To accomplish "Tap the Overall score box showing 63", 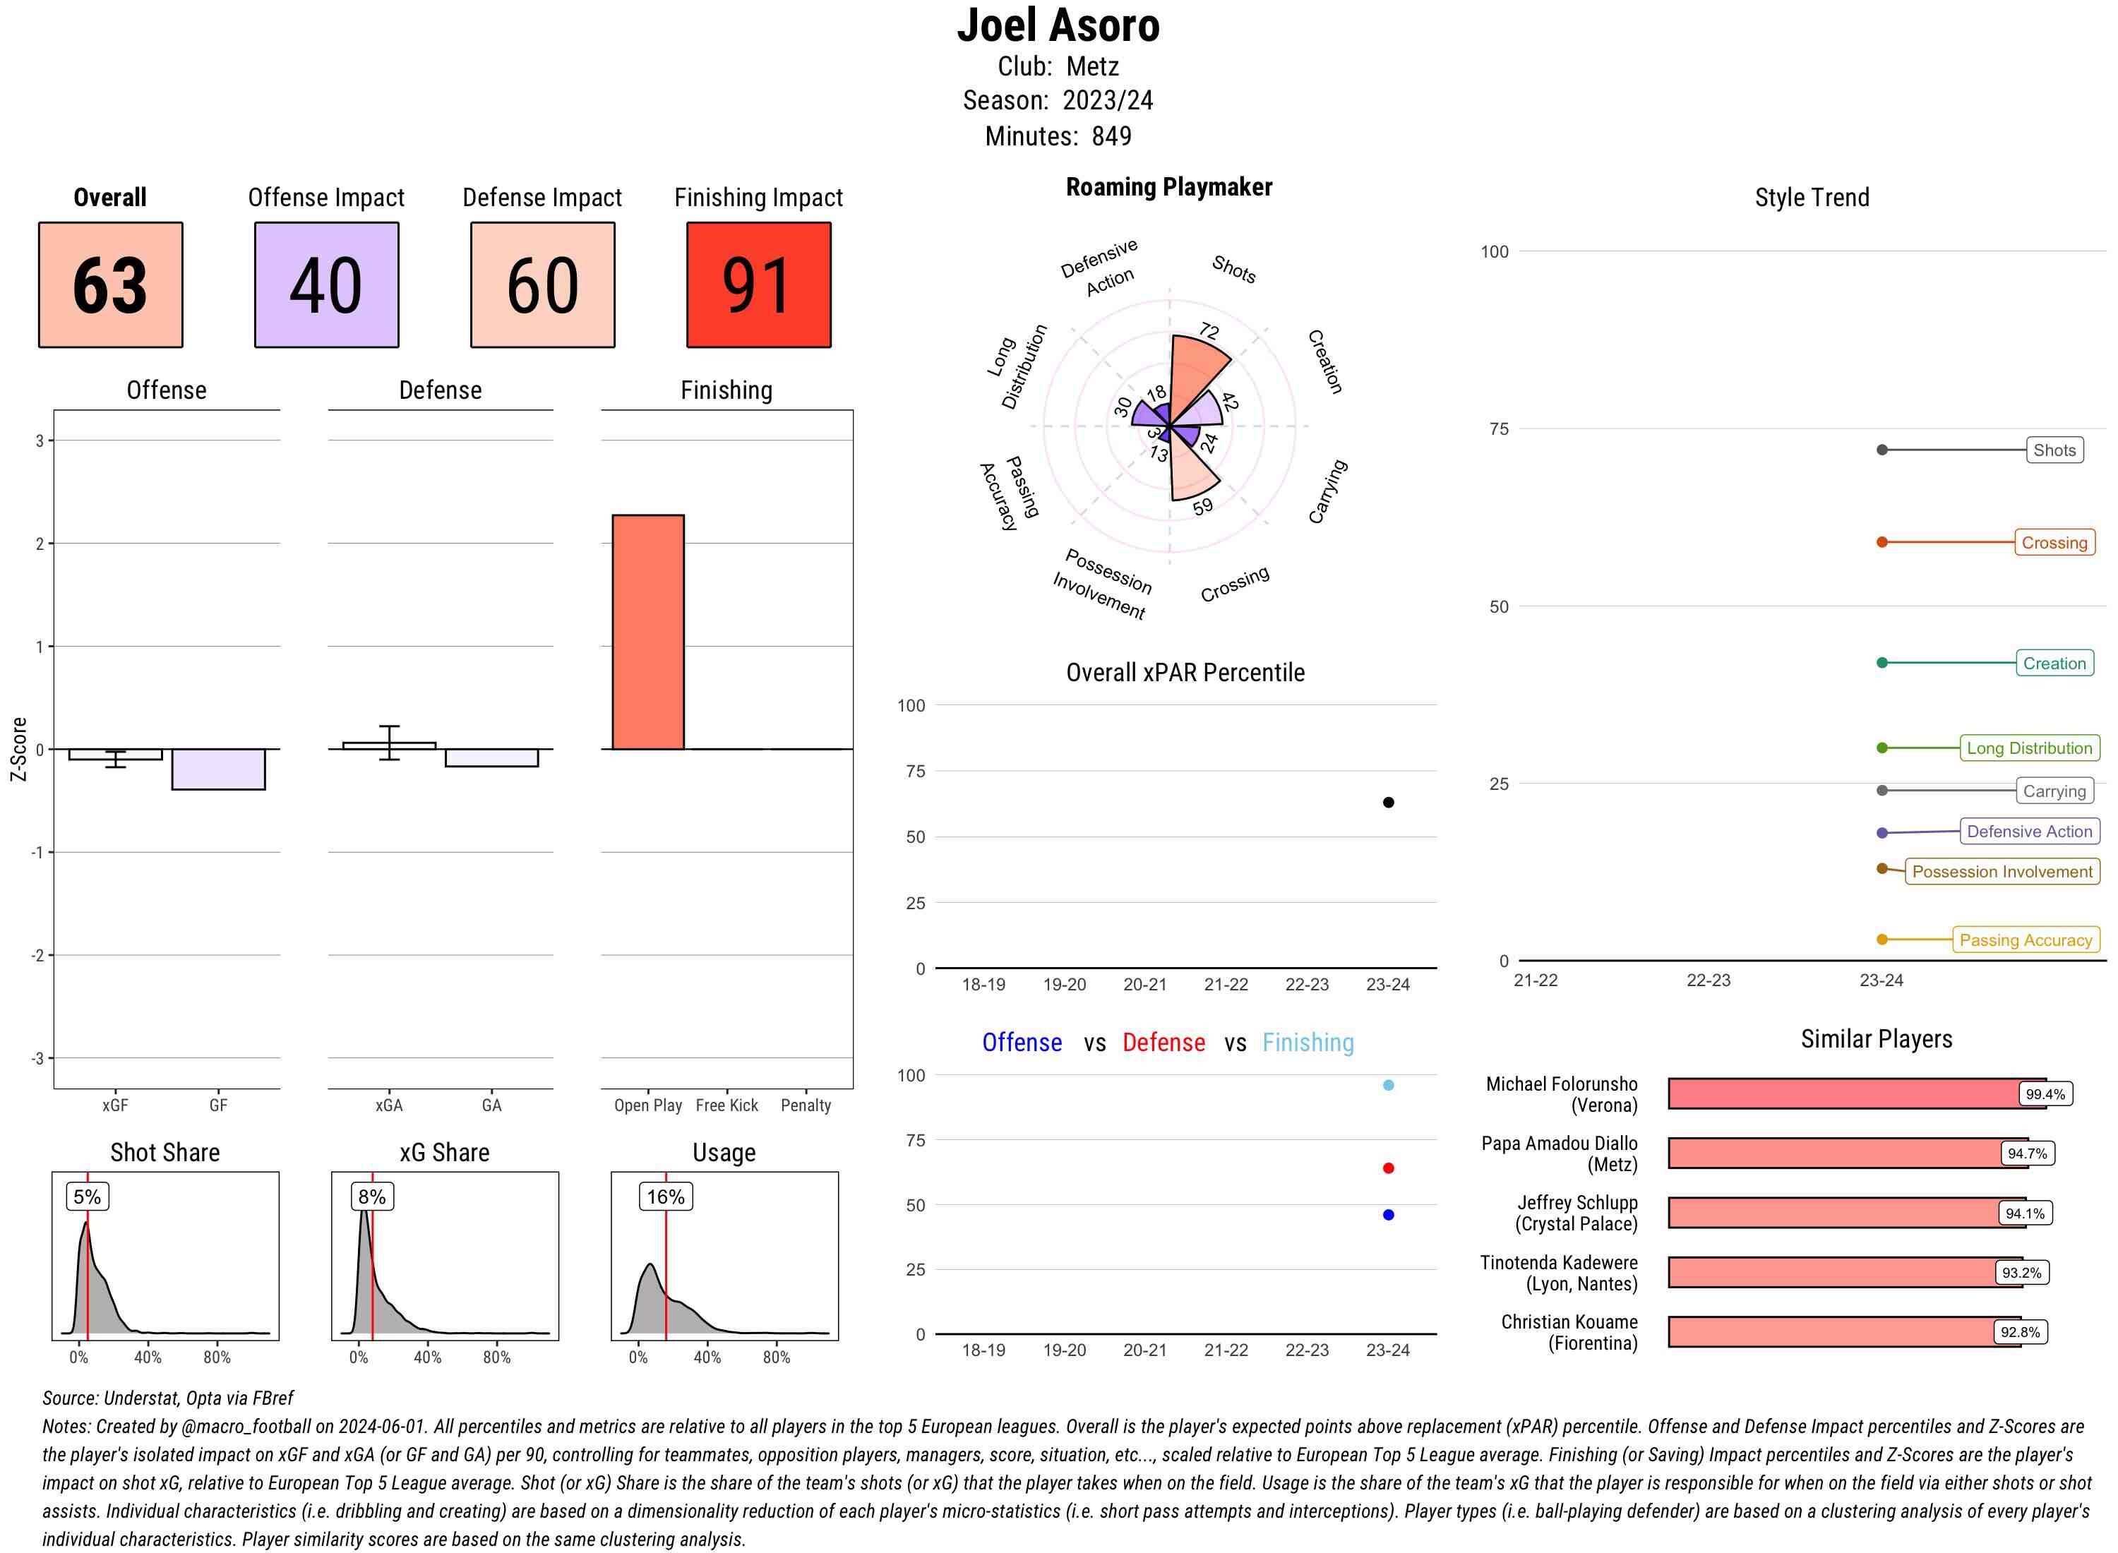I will tap(110, 285).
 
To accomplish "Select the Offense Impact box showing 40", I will tap(326, 285).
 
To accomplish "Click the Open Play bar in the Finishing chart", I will tap(647, 632).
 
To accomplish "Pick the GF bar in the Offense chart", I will tap(218, 769).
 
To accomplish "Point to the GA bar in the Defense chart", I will tap(491, 757).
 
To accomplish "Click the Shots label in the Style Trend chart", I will tap(2053, 450).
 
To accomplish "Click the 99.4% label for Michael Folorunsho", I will tap(2045, 1094).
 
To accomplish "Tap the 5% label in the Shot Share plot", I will tap(87, 1197).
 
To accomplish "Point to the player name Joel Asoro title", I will tap(1058, 25).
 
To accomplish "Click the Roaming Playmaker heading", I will tap(1168, 187).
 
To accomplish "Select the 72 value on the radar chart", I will tap(1209, 331).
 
